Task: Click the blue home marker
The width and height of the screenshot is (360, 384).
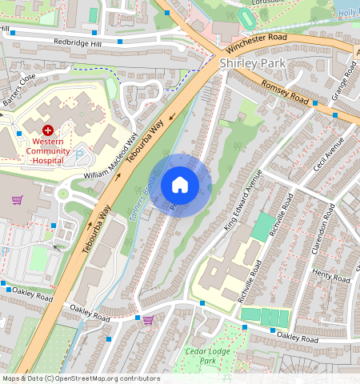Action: pyautogui.click(x=180, y=185)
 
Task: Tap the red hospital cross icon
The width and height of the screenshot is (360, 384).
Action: pyautogui.click(x=48, y=129)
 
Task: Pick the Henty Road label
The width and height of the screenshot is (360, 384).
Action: pyautogui.click(x=330, y=277)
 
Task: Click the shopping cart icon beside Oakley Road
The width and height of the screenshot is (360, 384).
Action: pyautogui.click(x=147, y=320)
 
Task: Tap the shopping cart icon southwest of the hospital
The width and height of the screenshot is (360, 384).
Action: pyautogui.click(x=16, y=199)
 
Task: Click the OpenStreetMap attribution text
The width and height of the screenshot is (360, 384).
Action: pyautogui.click(x=80, y=378)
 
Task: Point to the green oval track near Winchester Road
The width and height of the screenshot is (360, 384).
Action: pyautogui.click(x=247, y=16)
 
